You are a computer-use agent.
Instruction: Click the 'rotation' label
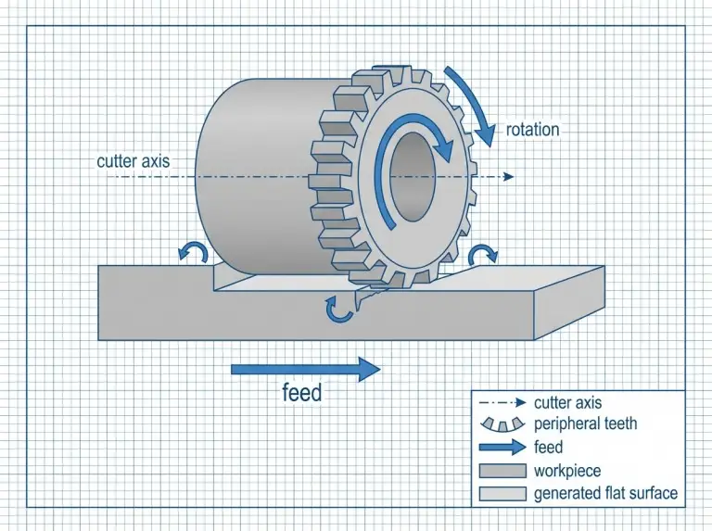(533, 130)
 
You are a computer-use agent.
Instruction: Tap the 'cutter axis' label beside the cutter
(133, 161)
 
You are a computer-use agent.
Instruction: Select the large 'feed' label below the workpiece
(301, 393)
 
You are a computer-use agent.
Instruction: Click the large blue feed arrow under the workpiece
(305, 370)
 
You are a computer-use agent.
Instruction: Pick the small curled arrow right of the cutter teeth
(482, 254)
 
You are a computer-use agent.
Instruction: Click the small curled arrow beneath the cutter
(340, 308)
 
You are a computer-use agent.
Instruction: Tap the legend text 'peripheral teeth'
(585, 424)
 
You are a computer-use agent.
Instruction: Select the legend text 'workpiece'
(568, 471)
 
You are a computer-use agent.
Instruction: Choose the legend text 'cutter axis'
(567, 402)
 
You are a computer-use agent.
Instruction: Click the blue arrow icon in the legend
(502, 448)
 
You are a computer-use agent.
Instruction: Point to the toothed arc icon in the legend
(502, 424)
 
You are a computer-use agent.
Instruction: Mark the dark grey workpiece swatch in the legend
(502, 471)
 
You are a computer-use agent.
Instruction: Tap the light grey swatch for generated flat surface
(502, 493)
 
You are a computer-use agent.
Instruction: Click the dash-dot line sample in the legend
(502, 402)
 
